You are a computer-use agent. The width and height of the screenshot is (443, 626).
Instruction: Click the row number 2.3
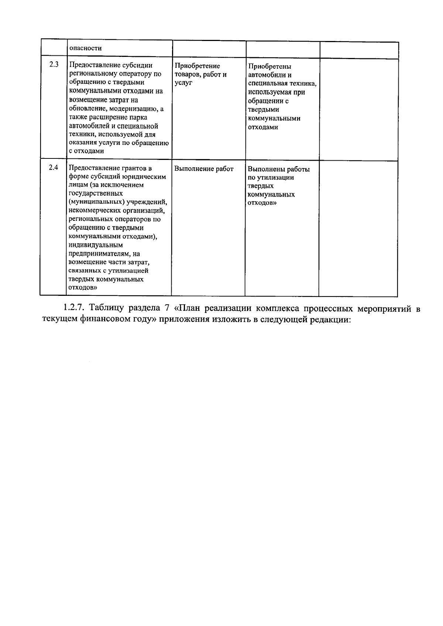(x=54, y=64)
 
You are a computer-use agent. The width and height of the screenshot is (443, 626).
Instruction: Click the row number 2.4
(x=54, y=167)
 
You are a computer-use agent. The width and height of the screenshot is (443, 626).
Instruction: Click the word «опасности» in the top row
(x=85, y=48)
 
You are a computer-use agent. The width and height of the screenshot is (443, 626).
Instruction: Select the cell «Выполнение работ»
(x=204, y=169)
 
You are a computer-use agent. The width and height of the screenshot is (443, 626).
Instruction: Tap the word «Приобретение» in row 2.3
(x=197, y=66)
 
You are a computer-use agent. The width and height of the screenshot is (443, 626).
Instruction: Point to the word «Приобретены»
(x=269, y=66)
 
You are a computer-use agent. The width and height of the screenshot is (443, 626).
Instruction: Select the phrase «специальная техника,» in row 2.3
(x=282, y=83)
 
